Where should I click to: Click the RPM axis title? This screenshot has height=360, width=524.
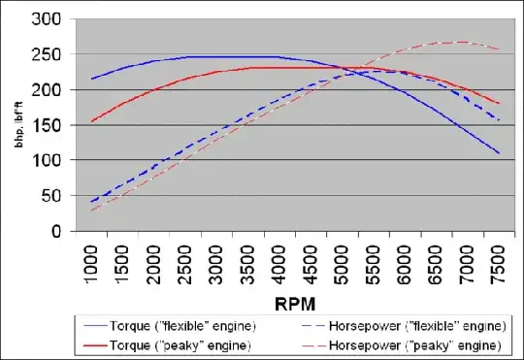pos(294,302)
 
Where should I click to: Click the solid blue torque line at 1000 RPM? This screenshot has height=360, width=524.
pos(93,79)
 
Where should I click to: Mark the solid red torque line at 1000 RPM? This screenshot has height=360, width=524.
pos(93,121)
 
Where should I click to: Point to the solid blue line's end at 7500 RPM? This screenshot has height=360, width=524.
pos(498,153)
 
